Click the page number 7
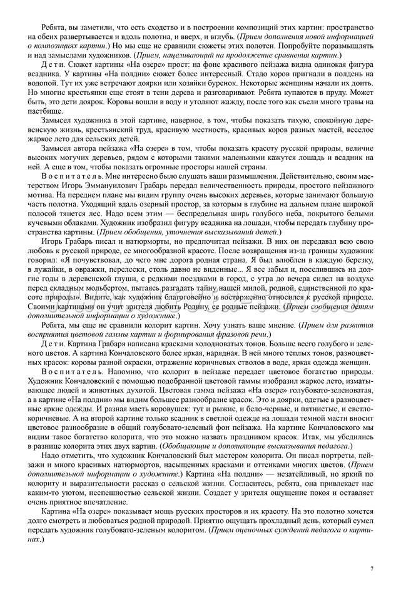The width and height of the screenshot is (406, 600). (x=372, y=567)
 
